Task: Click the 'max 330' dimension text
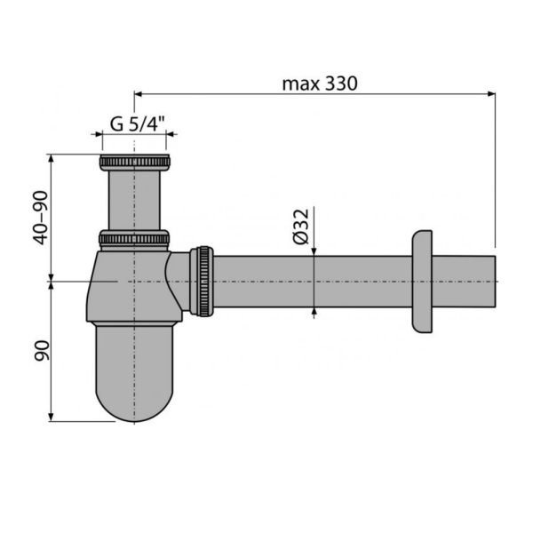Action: click(319, 84)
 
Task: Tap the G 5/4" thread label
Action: click(133, 124)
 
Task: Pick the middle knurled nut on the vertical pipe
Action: click(133, 238)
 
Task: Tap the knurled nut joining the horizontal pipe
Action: click(203, 280)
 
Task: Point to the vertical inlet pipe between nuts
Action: click(133, 201)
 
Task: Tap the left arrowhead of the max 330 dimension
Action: click(139, 92)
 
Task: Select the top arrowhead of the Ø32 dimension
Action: click(314, 251)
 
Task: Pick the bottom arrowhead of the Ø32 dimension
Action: click(314, 311)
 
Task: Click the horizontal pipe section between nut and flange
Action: click(311, 281)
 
